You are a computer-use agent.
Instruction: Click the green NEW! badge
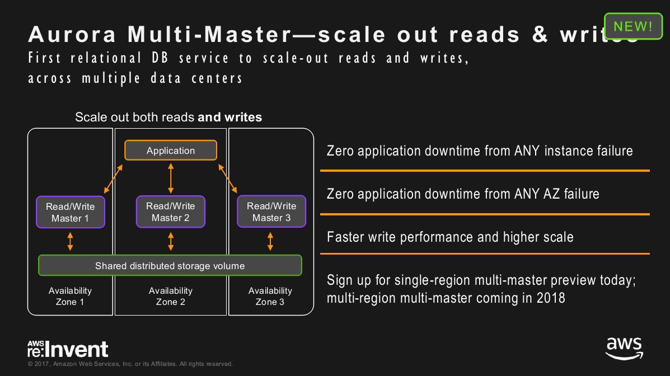632,26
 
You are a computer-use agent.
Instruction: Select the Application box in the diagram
171,151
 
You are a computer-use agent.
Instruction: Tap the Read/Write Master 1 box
71,212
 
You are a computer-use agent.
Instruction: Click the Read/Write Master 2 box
171,211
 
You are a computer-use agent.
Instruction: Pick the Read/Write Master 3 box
271,211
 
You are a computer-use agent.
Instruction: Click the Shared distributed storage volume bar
170,266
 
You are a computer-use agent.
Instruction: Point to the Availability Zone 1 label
70,296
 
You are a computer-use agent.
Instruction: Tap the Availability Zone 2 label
171,296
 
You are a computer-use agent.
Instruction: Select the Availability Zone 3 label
270,296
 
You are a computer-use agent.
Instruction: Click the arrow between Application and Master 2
171,177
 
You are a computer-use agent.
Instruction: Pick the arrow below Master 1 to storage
70,241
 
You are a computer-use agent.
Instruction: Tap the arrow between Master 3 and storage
270,241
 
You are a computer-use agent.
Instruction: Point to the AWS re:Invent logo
68,349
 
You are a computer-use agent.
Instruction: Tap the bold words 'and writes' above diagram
230,117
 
